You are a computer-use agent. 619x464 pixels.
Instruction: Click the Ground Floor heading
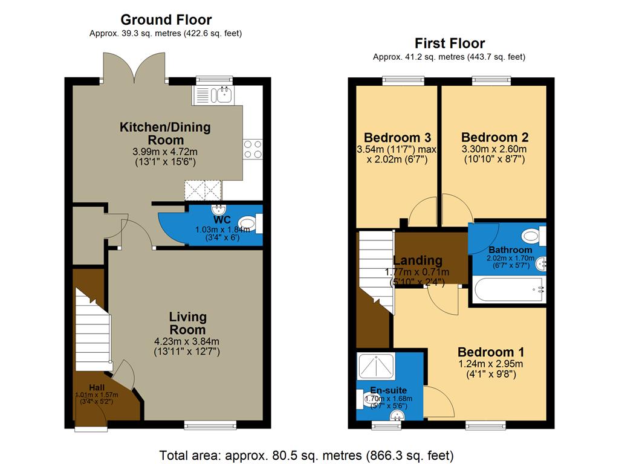(x=166, y=20)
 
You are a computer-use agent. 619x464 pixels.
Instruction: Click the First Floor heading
(x=449, y=43)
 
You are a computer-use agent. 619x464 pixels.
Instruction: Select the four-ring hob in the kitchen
(x=252, y=148)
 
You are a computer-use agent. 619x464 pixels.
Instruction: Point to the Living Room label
(x=187, y=323)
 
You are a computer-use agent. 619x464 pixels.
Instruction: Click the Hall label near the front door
(x=97, y=387)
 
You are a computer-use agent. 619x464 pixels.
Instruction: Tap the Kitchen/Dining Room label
(x=165, y=134)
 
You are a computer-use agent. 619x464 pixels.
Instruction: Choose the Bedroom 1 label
(x=490, y=352)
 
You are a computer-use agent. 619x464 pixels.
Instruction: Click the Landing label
(x=418, y=260)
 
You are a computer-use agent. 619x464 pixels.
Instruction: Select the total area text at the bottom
(x=306, y=454)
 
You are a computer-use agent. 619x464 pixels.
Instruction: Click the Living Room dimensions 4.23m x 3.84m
(x=187, y=341)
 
